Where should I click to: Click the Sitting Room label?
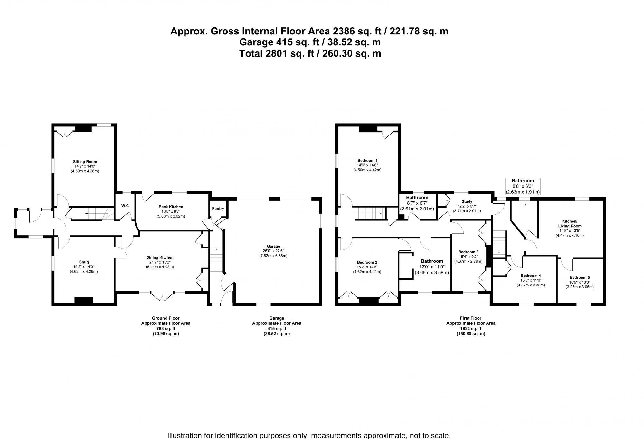pyautogui.click(x=85, y=162)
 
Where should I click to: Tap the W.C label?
pyautogui.click(x=125, y=206)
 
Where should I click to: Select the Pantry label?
pyautogui.click(x=218, y=209)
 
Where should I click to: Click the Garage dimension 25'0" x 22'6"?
pyautogui.click(x=273, y=251)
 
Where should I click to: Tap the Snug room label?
pyautogui.click(x=84, y=262)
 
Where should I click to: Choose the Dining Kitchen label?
pyautogui.click(x=160, y=257)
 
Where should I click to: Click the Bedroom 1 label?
pyautogui.click(x=367, y=160)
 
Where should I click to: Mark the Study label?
pyautogui.click(x=467, y=201)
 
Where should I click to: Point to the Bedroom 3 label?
pyautogui.click(x=468, y=252)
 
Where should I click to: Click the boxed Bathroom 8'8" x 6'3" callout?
pyautogui.click(x=523, y=186)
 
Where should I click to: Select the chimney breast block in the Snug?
pyautogui.click(x=84, y=300)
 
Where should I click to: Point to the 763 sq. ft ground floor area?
pyautogui.click(x=166, y=329)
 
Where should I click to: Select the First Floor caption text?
pyautogui.click(x=470, y=318)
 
